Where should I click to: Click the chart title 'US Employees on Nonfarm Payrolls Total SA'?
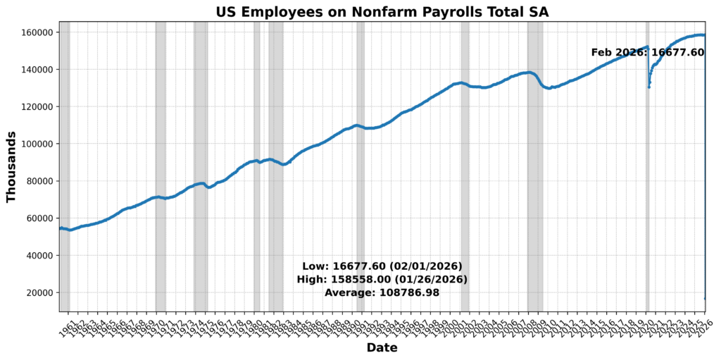[382, 11]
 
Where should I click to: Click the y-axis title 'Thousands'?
[11, 166]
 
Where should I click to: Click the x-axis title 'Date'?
[382, 348]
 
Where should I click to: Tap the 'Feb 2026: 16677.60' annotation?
[647, 52]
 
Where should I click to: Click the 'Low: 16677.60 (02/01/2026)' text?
[382, 266]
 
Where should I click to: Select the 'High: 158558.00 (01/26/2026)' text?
[382, 280]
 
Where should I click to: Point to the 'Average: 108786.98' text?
[382, 292]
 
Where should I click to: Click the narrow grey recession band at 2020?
[648, 211]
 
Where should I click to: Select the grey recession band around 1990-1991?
[360, 211]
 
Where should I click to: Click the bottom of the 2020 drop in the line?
[648, 87]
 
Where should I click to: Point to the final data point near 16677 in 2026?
[705, 299]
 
